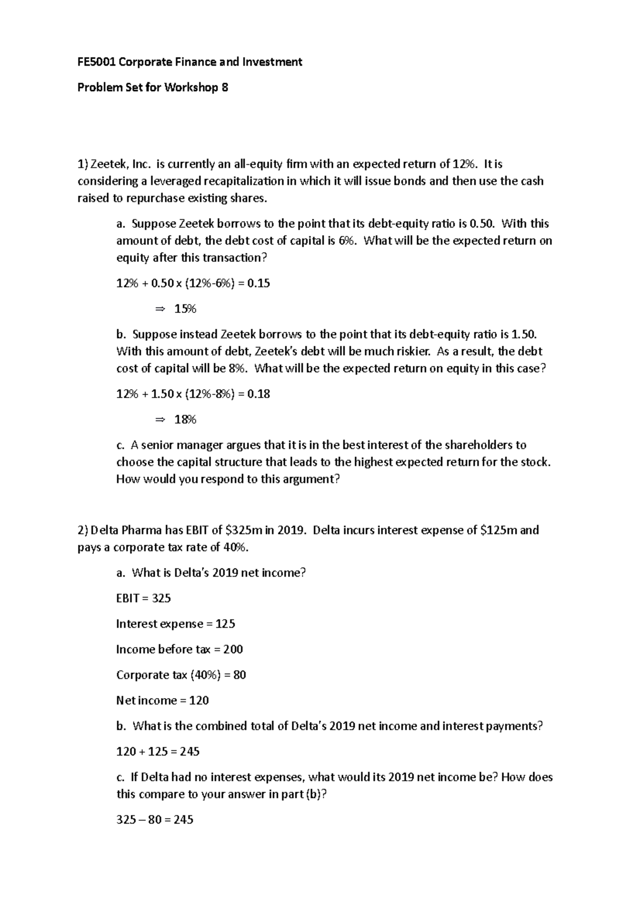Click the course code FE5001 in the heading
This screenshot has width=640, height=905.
97,62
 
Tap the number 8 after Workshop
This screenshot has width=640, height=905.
225,88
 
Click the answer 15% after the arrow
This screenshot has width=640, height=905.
185,309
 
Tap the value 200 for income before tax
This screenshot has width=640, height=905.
233,650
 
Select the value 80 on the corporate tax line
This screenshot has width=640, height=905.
239,675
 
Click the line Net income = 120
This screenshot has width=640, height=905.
162,701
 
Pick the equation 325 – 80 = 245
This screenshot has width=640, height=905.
155,820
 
